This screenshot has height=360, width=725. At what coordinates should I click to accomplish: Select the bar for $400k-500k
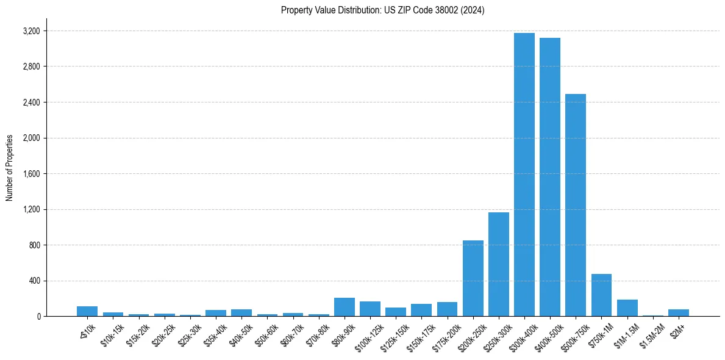point(549,177)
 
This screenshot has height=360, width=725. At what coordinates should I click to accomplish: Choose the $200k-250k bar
point(473,278)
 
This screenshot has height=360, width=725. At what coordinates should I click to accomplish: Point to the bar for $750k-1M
point(601,295)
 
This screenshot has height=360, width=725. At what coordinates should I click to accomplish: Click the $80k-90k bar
point(345,307)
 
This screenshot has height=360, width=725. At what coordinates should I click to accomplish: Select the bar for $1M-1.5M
point(627,308)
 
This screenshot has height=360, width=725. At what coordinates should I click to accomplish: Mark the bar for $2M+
point(678,313)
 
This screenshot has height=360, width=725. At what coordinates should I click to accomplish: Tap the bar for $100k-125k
point(370,309)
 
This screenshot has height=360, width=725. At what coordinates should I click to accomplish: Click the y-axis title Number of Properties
point(10,168)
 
